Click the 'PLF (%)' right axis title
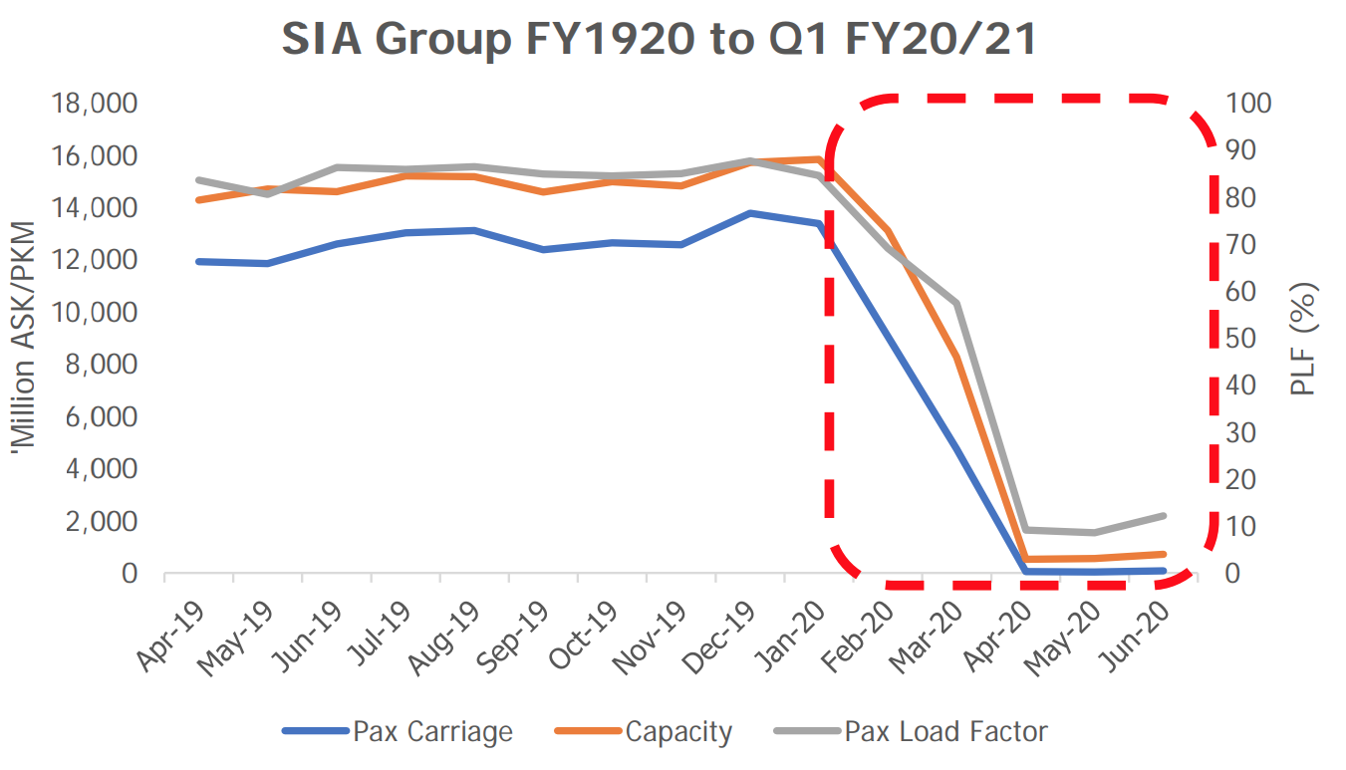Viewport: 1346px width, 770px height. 1304,339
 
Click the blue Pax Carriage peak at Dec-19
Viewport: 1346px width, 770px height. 750,213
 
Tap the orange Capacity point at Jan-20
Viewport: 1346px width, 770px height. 819,159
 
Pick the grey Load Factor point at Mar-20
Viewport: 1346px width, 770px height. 956,303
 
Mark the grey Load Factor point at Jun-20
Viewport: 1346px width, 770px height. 1163,515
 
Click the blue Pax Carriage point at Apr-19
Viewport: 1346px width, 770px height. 199,261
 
